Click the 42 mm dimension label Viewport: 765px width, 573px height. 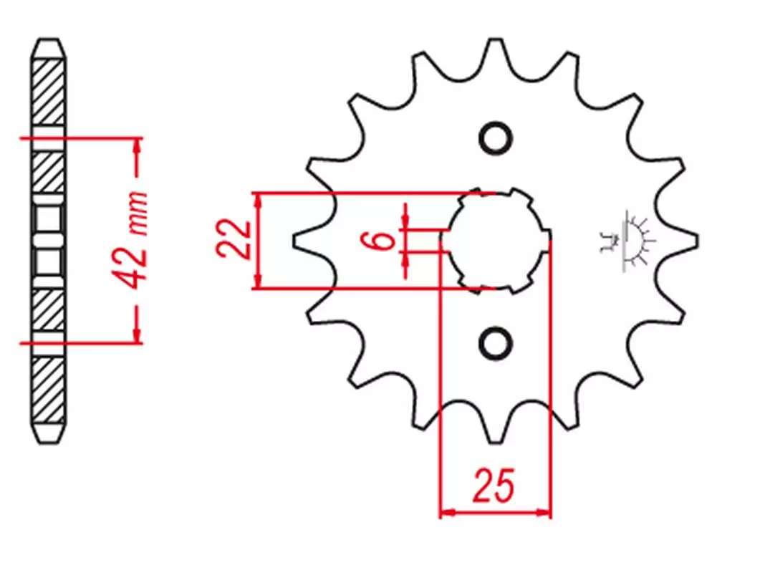(x=130, y=241)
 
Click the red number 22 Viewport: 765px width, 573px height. (x=234, y=239)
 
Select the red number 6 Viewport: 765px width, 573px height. (x=383, y=240)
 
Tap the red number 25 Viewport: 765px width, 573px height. (x=493, y=486)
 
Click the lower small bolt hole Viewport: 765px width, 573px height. (x=495, y=343)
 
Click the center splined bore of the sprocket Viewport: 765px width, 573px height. (x=496, y=241)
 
